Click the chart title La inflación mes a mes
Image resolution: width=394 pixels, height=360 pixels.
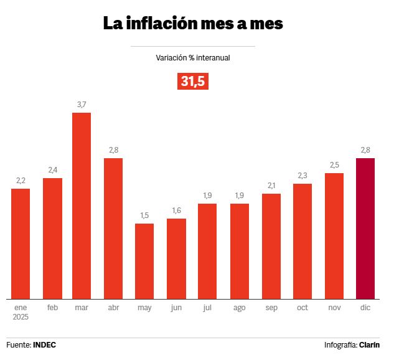(193, 24)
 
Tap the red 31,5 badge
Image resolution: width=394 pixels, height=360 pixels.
(193, 81)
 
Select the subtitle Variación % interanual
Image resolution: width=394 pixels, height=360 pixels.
(193, 57)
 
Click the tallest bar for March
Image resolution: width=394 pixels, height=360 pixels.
(82, 206)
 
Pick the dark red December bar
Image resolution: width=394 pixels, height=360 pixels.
(365, 228)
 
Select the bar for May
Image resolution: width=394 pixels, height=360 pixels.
(144, 261)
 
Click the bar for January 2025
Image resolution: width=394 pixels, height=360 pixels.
(21, 244)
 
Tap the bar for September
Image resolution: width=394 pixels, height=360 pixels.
(271, 246)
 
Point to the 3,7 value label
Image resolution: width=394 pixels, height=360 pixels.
(82, 105)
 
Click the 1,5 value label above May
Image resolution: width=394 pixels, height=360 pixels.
(144, 216)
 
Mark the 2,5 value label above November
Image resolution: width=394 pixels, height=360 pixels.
(334, 164)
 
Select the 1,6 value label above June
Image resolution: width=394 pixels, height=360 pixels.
(176, 211)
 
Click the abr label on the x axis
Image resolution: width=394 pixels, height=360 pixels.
(113, 308)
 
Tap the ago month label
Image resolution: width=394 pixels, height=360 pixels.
(240, 308)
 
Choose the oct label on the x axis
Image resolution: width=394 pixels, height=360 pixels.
(303, 308)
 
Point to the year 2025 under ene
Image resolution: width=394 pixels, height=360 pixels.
(21, 317)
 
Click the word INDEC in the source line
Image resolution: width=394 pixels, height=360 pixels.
(44, 344)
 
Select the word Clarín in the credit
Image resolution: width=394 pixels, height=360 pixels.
(370, 344)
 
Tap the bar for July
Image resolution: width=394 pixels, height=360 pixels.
(207, 251)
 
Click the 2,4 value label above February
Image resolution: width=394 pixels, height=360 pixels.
(52, 170)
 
